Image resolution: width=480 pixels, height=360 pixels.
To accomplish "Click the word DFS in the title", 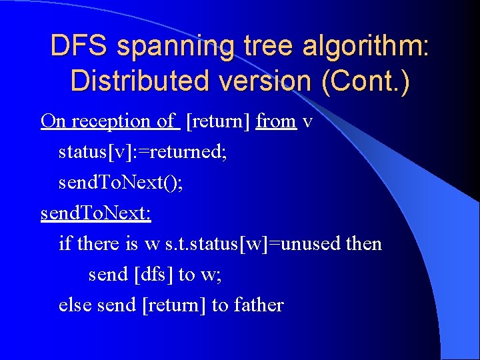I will tap(79, 46).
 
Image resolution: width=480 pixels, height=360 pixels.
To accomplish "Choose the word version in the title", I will tap(270, 81).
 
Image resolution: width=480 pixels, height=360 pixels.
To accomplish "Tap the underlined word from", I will tap(275, 121).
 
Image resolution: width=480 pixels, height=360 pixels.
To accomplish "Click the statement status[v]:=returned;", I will tap(143, 152).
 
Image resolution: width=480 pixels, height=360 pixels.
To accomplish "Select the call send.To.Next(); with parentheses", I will tap(121, 182).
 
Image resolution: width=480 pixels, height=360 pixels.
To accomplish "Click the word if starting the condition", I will tap(65, 243).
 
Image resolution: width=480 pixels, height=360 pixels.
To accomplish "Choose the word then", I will tap(364, 243).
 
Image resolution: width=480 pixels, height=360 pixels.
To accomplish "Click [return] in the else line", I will tap(173, 305).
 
